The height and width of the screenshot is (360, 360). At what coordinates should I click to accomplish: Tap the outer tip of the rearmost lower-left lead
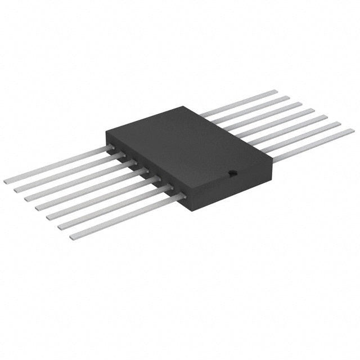click(7, 181)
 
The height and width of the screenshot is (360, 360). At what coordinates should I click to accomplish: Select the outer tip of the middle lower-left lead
click(39, 209)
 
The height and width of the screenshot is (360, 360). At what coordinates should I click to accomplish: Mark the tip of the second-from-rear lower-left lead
click(17, 190)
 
